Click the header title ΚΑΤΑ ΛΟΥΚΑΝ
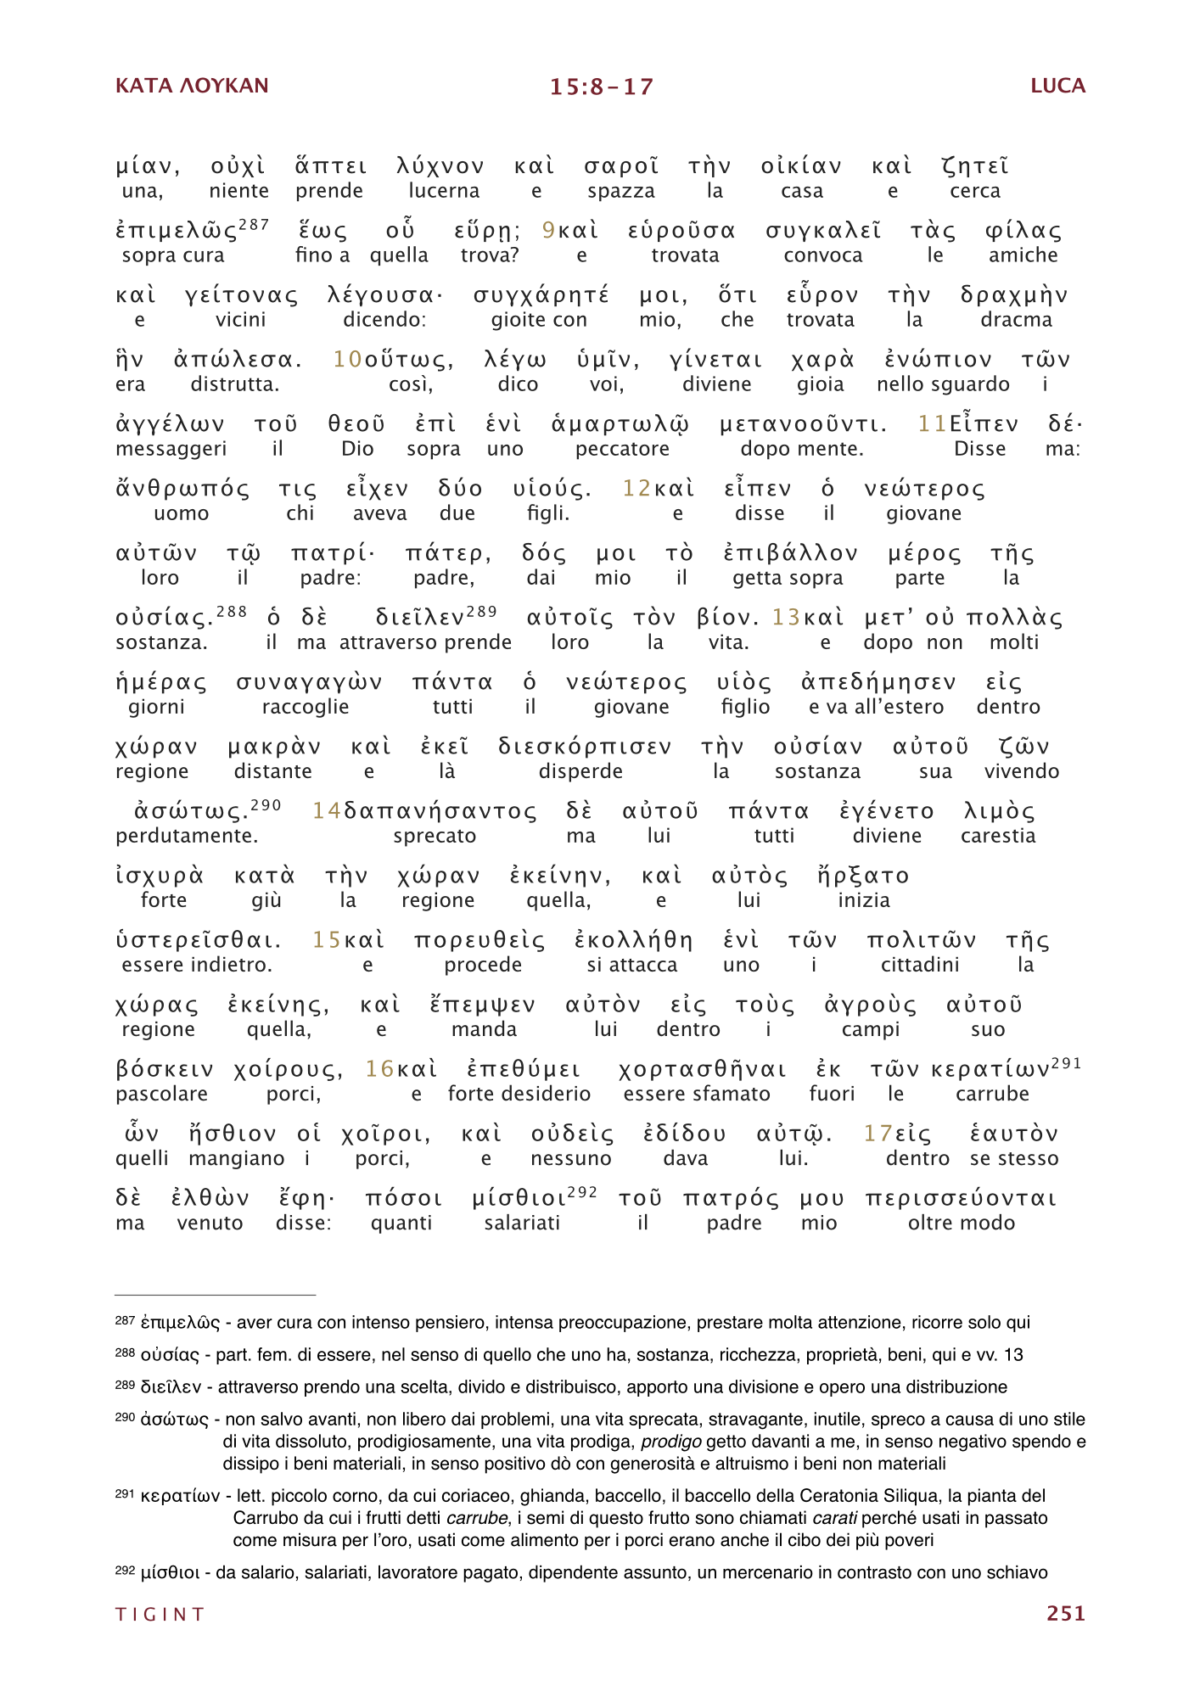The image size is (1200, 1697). [x=192, y=86]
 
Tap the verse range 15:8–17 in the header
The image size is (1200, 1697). [x=601, y=87]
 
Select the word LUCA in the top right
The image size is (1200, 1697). [x=1057, y=86]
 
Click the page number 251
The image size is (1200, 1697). [x=1065, y=1613]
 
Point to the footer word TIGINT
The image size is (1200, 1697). [x=160, y=1614]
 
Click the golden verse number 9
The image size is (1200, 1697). [x=548, y=231]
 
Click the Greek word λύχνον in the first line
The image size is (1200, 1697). [x=440, y=166]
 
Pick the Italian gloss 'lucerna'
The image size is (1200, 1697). [x=444, y=191]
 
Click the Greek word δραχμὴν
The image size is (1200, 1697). [x=1014, y=295]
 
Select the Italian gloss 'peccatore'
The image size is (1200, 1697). [x=622, y=449]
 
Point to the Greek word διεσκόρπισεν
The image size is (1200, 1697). [x=585, y=747]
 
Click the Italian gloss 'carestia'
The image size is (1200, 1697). [x=998, y=836]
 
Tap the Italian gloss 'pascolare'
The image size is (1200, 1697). [x=161, y=1094]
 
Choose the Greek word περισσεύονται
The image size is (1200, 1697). [x=961, y=1198]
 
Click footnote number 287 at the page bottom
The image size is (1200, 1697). [x=124, y=1320]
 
